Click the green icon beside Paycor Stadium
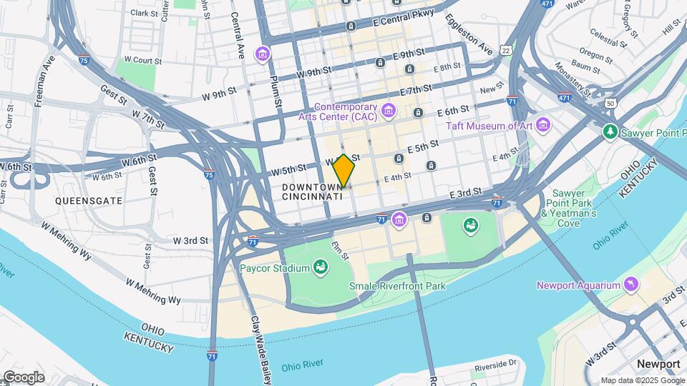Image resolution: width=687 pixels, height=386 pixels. [321, 268]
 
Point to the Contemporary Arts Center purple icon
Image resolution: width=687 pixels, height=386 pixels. [389, 109]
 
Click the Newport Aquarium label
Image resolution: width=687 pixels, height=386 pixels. [578, 285]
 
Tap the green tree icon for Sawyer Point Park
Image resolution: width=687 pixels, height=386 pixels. [610, 131]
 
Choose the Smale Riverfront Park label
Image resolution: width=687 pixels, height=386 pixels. [397, 286]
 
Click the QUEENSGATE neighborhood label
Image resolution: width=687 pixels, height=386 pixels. [89, 201]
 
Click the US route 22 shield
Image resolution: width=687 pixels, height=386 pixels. [507, 50]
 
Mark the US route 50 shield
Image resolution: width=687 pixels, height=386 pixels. [610, 104]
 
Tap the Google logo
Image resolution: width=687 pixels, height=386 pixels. [23, 377]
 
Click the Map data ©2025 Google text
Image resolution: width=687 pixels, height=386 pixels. [642, 380]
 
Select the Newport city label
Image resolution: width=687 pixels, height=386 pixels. [658, 364]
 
